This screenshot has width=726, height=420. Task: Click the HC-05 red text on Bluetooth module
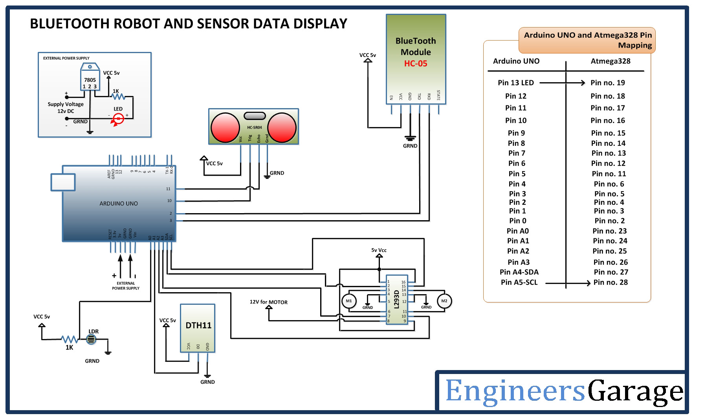pyautogui.click(x=415, y=64)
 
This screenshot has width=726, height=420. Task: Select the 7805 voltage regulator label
pyautogui.click(x=90, y=80)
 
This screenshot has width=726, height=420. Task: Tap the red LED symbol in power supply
pyautogui.click(x=118, y=118)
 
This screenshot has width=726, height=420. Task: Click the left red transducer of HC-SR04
pyautogui.click(x=225, y=127)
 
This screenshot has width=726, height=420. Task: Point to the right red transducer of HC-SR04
pyautogui.click(x=282, y=127)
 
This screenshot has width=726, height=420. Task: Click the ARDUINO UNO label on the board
pyautogui.click(x=119, y=204)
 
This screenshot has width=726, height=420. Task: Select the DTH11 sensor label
pyautogui.click(x=198, y=326)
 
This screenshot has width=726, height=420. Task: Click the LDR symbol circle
pyautogui.click(x=91, y=339)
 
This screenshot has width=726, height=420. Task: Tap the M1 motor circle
pyautogui.click(x=348, y=301)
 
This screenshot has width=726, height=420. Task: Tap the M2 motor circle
pyautogui.click(x=444, y=301)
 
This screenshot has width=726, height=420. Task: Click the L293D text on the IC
pyautogui.click(x=396, y=300)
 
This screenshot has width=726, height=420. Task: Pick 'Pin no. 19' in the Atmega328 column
pyautogui.click(x=607, y=83)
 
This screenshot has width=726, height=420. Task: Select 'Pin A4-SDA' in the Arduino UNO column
pyautogui.click(x=519, y=272)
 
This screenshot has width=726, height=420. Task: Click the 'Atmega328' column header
pyautogui.click(x=610, y=61)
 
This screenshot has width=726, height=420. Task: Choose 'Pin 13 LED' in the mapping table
pyautogui.click(x=515, y=83)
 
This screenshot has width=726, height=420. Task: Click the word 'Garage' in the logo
pyautogui.click(x=635, y=392)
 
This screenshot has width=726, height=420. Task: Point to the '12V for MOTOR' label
pyautogui.click(x=269, y=302)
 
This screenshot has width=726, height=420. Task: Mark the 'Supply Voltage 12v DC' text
pyautogui.click(x=66, y=108)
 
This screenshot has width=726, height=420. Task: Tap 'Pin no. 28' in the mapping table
pyautogui.click(x=610, y=282)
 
